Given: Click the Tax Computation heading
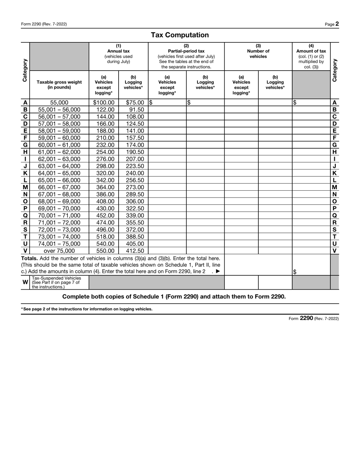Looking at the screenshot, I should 180,35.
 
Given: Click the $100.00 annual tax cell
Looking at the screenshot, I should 103,102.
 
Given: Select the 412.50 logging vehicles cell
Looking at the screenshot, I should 135,251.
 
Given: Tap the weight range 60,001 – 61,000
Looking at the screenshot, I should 59,145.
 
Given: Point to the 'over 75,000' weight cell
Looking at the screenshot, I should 59,251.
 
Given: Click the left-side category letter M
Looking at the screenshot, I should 25,187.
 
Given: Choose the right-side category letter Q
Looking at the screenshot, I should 334,215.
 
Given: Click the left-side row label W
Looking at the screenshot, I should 25,282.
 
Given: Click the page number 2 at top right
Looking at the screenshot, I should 337,24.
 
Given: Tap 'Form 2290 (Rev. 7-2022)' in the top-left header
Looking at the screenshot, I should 44,24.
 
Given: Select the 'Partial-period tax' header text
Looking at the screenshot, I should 186,51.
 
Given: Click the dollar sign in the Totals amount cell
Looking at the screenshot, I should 295,271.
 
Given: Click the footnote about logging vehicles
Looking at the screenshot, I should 86,309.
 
